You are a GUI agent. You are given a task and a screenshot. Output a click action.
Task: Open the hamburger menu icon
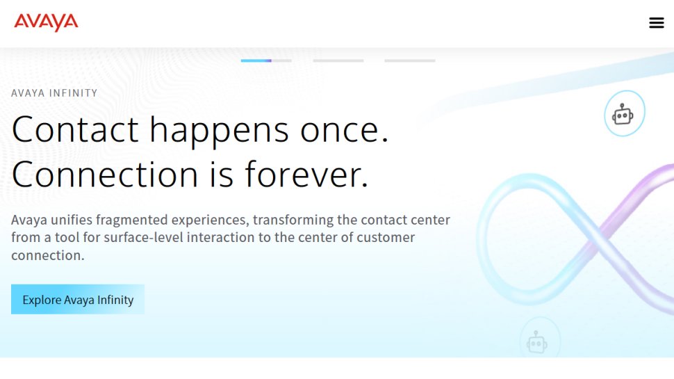coord(656,23)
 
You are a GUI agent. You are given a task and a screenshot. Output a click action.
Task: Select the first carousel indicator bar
coord(266,61)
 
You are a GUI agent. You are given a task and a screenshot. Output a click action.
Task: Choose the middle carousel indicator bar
coord(338,61)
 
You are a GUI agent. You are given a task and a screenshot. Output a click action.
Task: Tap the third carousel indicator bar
coord(409,61)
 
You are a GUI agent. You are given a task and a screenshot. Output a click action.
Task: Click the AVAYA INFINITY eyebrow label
coord(54,93)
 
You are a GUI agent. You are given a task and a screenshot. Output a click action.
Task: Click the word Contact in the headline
coord(75,129)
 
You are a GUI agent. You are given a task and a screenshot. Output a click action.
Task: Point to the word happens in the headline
coord(219,129)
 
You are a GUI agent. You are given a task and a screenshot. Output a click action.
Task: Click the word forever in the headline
coord(305,174)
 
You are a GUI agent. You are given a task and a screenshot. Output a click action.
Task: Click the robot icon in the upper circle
coord(623,114)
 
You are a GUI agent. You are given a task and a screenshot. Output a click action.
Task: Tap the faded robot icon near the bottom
coord(537,342)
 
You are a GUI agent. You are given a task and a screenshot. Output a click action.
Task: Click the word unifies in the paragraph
coord(72,220)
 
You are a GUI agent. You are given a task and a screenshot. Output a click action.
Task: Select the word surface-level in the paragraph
coord(129,238)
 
